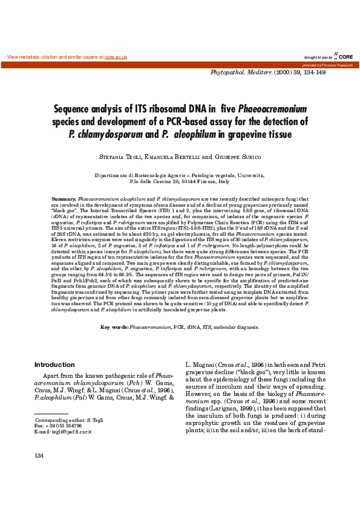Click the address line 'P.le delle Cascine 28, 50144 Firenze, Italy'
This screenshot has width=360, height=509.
(180, 181)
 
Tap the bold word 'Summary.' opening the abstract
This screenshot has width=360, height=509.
(64, 199)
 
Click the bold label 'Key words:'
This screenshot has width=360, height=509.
(114, 327)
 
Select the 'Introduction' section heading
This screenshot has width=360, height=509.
(54, 365)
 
